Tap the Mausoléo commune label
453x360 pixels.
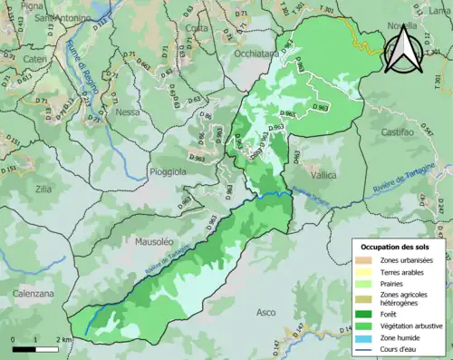tap(152, 243)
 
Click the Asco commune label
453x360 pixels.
tap(266, 312)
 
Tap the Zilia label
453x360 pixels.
tap(43, 189)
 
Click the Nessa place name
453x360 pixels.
tap(128, 113)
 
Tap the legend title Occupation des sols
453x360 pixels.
tap(395, 246)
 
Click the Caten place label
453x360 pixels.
tap(34, 59)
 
